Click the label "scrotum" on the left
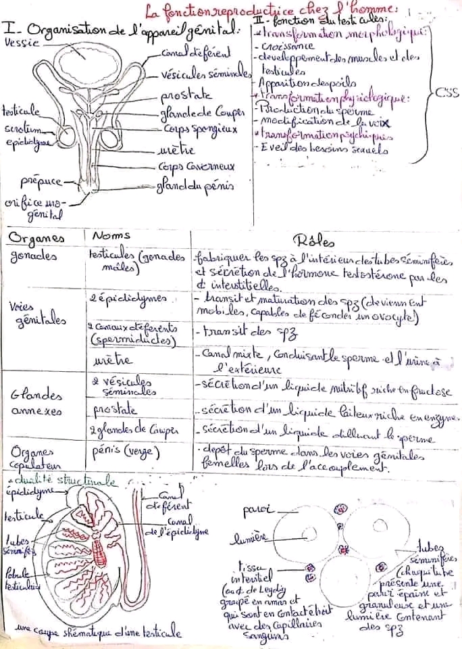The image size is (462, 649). click(x=20, y=128)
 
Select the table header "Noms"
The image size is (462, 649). click(x=111, y=236)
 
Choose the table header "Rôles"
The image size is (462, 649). click(x=311, y=241)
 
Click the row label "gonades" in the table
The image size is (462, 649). click(x=33, y=256)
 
